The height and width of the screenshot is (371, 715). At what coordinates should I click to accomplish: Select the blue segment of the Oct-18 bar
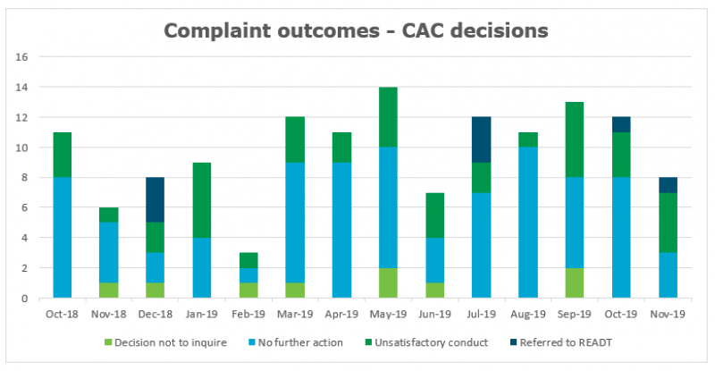pos(62,237)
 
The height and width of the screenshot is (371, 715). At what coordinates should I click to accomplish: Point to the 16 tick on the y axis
pos(22,56)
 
